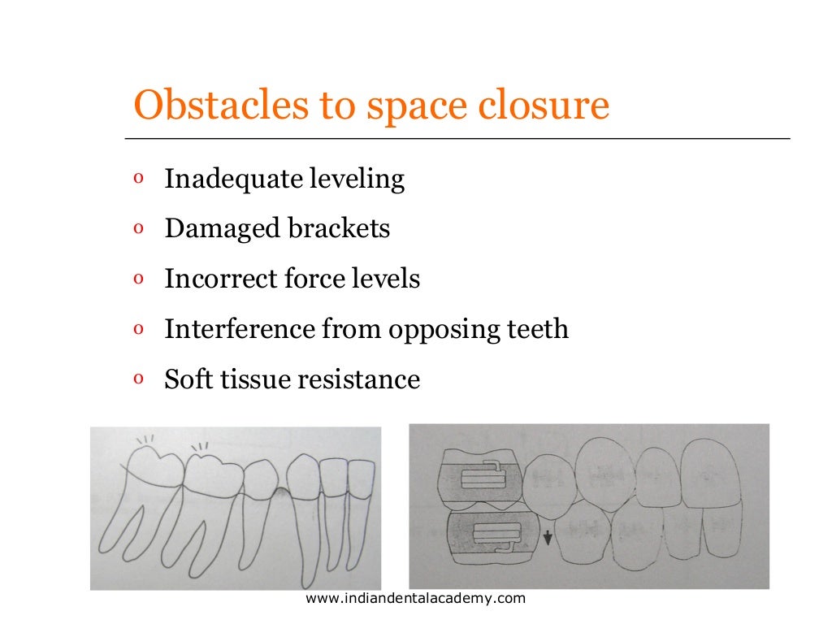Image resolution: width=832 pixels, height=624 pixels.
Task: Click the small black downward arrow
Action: (547, 538)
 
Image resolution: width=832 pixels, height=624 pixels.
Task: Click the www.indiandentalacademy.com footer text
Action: (415, 599)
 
